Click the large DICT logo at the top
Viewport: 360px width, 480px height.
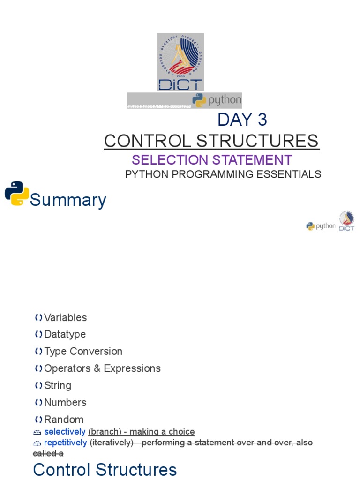point(180,62)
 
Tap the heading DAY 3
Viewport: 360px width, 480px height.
point(242,120)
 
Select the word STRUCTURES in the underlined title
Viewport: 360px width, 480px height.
point(257,141)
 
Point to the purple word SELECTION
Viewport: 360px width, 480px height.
point(170,160)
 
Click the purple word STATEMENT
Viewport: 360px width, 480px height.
point(252,160)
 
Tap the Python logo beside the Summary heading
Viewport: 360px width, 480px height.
point(17,194)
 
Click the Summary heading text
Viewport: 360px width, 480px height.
point(68,200)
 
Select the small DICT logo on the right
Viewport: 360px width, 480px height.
point(347,221)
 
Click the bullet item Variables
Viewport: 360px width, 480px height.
point(65,318)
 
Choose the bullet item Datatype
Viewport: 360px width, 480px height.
point(65,335)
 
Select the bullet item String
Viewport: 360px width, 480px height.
point(58,386)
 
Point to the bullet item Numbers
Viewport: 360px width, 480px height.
point(65,403)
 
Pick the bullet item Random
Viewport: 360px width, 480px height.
point(64,420)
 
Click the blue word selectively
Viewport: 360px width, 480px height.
point(65,431)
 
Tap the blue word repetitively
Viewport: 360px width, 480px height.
point(65,442)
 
